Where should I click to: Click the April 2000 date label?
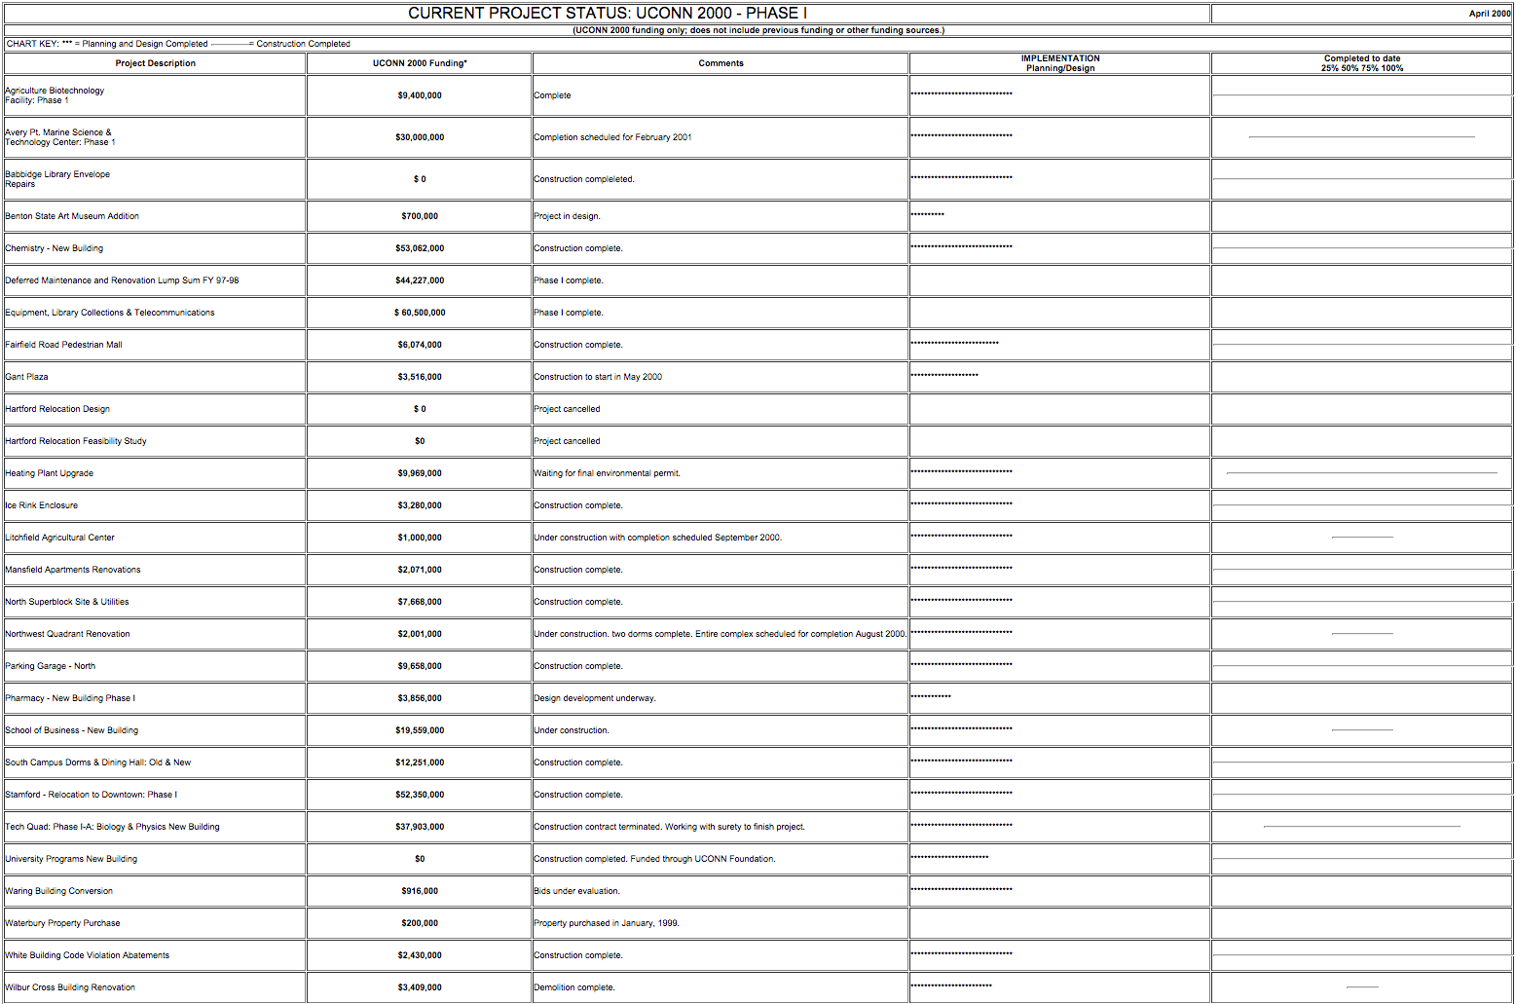pyautogui.click(x=1489, y=14)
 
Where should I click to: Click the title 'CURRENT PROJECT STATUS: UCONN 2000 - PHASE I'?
pyautogui.click(x=607, y=14)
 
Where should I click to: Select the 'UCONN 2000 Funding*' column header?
pyautogui.click(x=420, y=63)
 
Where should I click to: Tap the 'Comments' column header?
pyautogui.click(x=721, y=63)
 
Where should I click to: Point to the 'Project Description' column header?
pyautogui.click(x=155, y=63)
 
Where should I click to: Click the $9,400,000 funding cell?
pyautogui.click(x=420, y=95)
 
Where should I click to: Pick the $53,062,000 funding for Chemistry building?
pyautogui.click(x=420, y=248)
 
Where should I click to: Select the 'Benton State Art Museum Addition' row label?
pyautogui.click(x=72, y=216)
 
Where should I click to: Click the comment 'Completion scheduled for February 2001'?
pyautogui.click(x=612, y=137)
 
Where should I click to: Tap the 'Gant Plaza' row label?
pyautogui.click(x=26, y=377)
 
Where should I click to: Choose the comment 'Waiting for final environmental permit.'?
pyautogui.click(x=607, y=473)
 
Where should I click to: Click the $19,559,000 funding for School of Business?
pyautogui.click(x=420, y=730)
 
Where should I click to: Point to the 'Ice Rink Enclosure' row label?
pyautogui.click(x=41, y=505)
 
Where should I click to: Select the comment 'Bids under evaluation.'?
pyautogui.click(x=576, y=891)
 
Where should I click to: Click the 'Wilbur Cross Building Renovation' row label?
pyautogui.click(x=70, y=987)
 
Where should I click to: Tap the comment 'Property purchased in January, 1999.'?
pyautogui.click(x=606, y=923)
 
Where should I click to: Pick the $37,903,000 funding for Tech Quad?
pyautogui.click(x=420, y=827)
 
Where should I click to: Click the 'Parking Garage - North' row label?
pyautogui.click(x=50, y=666)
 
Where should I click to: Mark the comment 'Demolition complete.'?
pyautogui.click(x=573, y=987)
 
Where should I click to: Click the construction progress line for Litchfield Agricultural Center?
pyautogui.click(x=1361, y=537)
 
